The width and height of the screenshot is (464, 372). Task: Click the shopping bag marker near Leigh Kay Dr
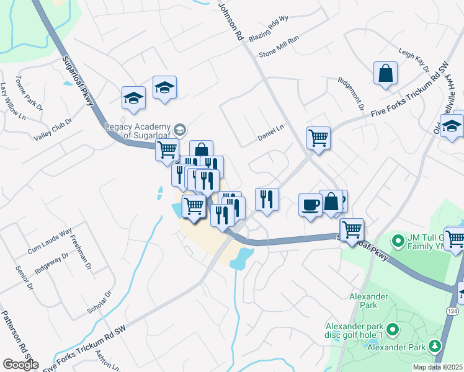pos(385,73)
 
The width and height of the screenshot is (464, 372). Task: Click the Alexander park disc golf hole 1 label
pos(355,330)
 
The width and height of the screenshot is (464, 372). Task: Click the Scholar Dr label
pos(99,302)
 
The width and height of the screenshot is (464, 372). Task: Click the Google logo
pos(20,365)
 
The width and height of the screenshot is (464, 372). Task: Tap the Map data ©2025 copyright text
pos(438,367)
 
